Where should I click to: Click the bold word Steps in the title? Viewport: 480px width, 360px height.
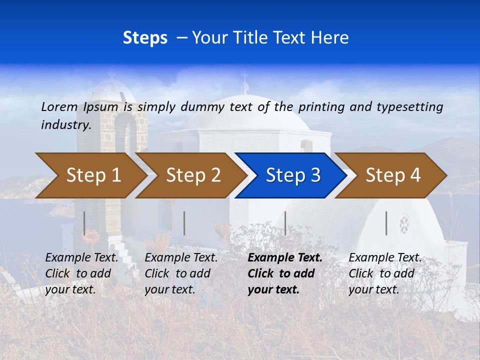coord(145,38)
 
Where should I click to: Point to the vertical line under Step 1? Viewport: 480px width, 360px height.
coord(84,223)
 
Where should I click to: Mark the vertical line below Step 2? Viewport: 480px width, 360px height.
coord(184,223)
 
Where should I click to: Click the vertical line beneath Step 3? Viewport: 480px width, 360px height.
coord(285,223)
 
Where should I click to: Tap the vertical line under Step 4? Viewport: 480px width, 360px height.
coord(386,223)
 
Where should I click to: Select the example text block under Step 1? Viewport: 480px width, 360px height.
coord(81,273)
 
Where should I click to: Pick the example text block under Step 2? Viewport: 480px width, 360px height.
coord(181,273)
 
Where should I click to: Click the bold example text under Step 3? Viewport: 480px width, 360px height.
coord(285,273)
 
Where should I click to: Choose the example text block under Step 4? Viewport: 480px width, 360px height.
coord(385,273)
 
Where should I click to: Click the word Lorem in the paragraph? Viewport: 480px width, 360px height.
coord(59,106)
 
